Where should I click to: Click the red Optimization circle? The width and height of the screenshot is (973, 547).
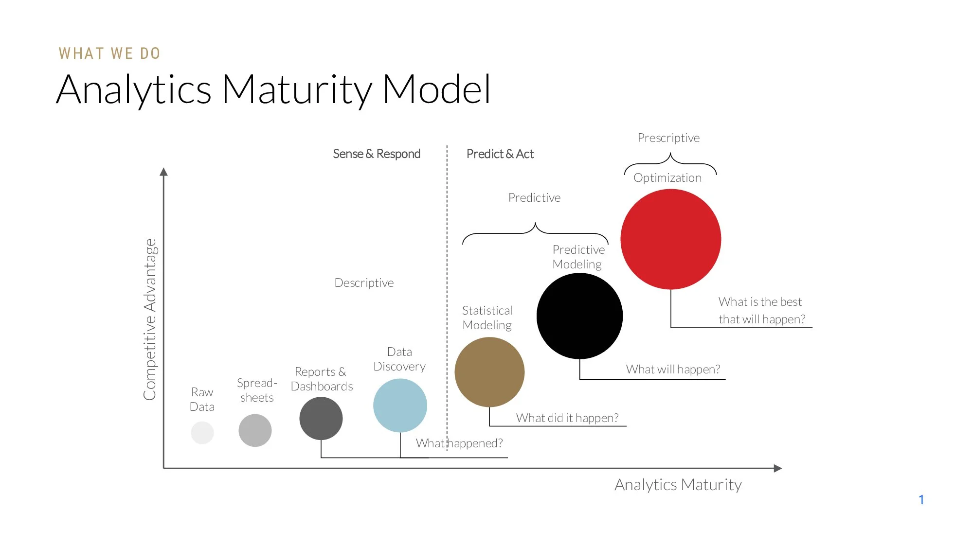[670, 239]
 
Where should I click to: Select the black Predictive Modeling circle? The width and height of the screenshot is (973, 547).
[579, 316]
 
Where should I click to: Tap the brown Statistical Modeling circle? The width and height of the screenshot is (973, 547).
[489, 372]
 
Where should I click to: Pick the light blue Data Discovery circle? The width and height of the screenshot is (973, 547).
[400, 406]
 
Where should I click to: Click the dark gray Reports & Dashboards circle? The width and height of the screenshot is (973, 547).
[321, 418]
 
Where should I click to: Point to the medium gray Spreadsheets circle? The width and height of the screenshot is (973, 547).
[255, 430]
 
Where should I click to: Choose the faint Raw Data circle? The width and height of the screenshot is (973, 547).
[202, 433]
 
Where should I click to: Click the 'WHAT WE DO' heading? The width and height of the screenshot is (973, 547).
[109, 53]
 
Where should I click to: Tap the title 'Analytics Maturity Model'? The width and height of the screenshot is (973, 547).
[273, 89]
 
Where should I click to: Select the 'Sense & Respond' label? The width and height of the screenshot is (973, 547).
[377, 154]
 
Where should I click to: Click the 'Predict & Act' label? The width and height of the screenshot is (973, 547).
[500, 154]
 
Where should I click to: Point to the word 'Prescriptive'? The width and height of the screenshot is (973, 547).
[668, 138]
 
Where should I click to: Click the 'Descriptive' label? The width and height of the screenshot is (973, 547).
[364, 283]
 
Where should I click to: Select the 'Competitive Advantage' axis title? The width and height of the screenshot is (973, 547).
[150, 319]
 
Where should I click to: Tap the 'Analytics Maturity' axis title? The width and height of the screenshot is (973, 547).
[678, 485]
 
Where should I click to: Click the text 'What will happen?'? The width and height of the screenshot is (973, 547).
[673, 370]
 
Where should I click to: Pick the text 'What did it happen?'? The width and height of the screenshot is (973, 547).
[567, 418]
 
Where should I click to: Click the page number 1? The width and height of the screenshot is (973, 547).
[921, 500]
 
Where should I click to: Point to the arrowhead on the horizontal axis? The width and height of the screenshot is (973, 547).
[778, 468]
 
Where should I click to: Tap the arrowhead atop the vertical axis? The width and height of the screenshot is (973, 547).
[163, 172]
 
